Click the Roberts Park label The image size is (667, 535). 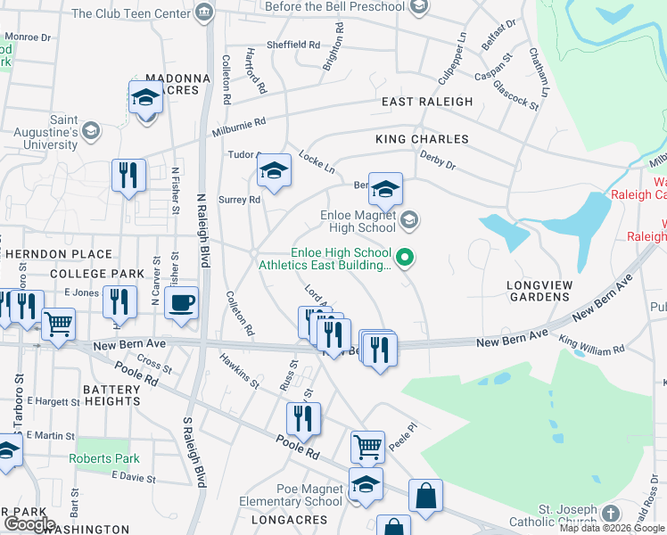[104, 459]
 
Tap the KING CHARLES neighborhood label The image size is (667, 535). [422, 139]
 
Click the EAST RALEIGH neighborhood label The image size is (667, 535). [427, 102]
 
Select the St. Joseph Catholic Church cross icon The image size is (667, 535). [610, 514]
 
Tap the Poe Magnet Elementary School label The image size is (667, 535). [291, 495]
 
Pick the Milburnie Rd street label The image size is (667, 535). [236, 124]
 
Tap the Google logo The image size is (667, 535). [29, 524]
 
